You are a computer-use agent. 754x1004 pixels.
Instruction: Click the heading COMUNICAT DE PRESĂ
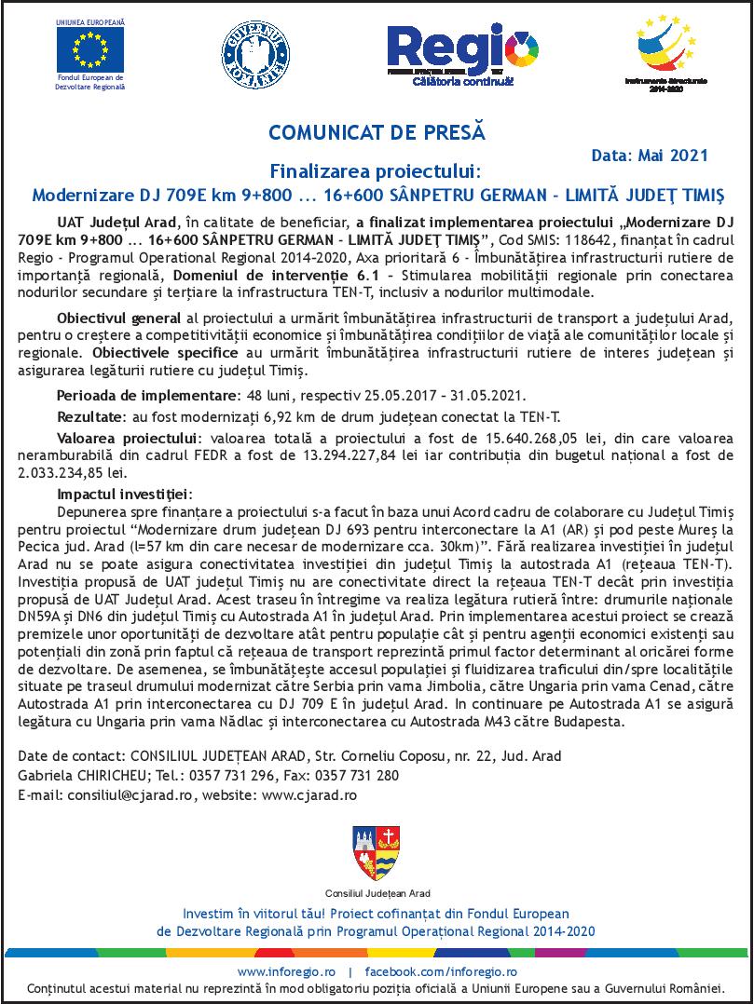(377, 132)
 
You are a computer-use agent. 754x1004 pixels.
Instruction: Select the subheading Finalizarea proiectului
(376, 172)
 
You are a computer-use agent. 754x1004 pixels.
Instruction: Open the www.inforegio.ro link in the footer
(285, 971)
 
